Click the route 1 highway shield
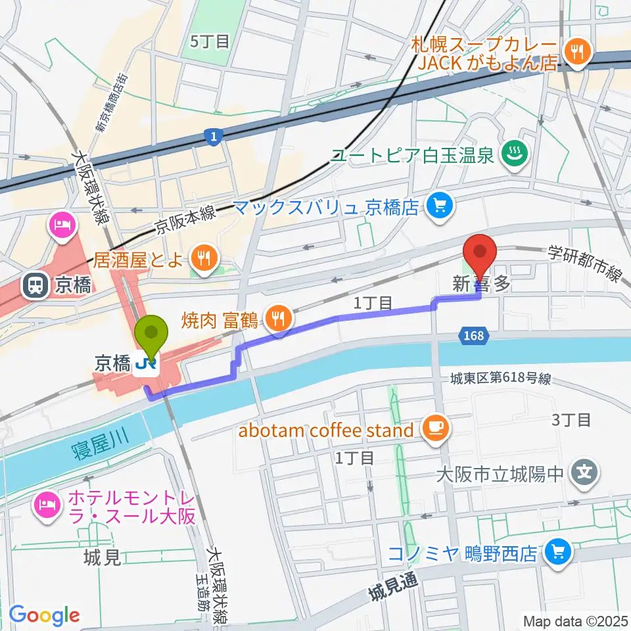213,137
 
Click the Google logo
44,615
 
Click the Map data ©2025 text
574,620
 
